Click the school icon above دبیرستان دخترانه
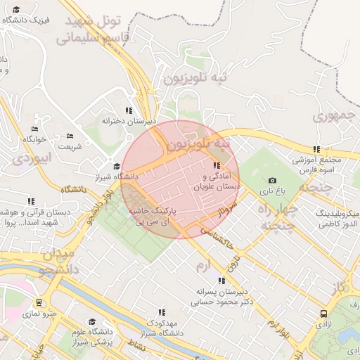128,110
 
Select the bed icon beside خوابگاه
35,129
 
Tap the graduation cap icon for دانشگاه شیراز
117,166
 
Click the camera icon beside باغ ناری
272,181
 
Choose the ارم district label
203,266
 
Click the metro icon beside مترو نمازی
38,303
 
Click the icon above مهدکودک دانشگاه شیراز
162,311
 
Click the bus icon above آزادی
323,314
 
